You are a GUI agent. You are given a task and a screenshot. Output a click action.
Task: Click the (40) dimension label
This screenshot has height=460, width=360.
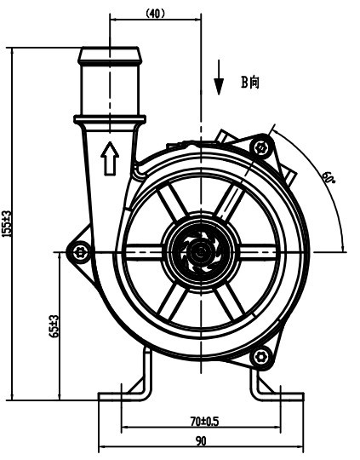[x=155, y=13]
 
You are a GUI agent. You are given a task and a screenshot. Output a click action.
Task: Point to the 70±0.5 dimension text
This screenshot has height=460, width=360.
[x=204, y=420]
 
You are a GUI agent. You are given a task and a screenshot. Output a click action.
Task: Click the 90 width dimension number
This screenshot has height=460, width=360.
[x=201, y=441]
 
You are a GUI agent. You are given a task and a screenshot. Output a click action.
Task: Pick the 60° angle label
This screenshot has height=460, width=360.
[x=328, y=178]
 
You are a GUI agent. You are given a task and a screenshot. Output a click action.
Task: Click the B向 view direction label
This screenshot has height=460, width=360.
[x=249, y=82]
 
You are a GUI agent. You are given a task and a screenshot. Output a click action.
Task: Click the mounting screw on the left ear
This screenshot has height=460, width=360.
[x=81, y=251]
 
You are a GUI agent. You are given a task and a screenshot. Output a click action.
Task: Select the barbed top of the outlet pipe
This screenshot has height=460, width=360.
[x=109, y=57]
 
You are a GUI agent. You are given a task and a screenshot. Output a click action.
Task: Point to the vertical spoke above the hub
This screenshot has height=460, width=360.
[x=201, y=200]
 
